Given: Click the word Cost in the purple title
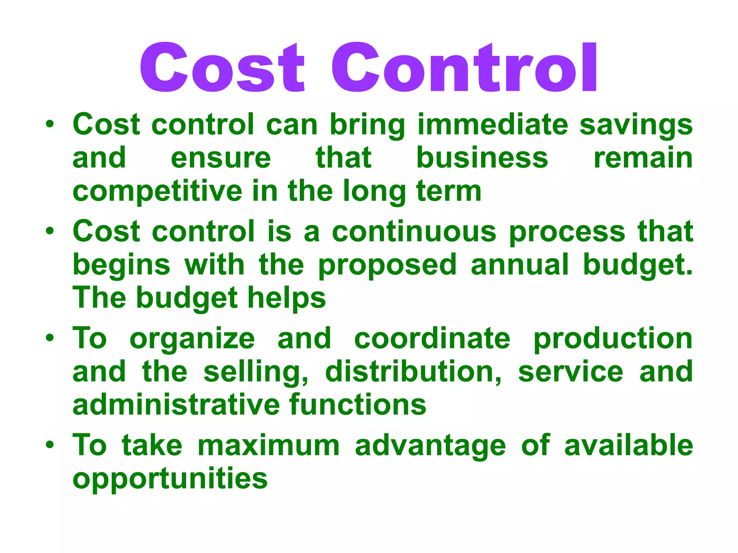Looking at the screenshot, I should click(222, 67).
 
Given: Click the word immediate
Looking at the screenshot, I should click(493, 125).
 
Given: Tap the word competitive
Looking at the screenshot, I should click(157, 192).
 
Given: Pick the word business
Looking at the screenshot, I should click(482, 158).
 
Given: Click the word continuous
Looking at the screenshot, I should click(414, 231).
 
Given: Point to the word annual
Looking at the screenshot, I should click(520, 265).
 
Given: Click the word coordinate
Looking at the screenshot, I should click(432, 338).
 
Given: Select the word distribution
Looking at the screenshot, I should click(413, 372).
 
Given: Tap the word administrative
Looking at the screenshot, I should click(176, 405).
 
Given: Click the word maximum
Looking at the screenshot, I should click(269, 446).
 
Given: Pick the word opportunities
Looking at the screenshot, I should click(170, 480).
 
